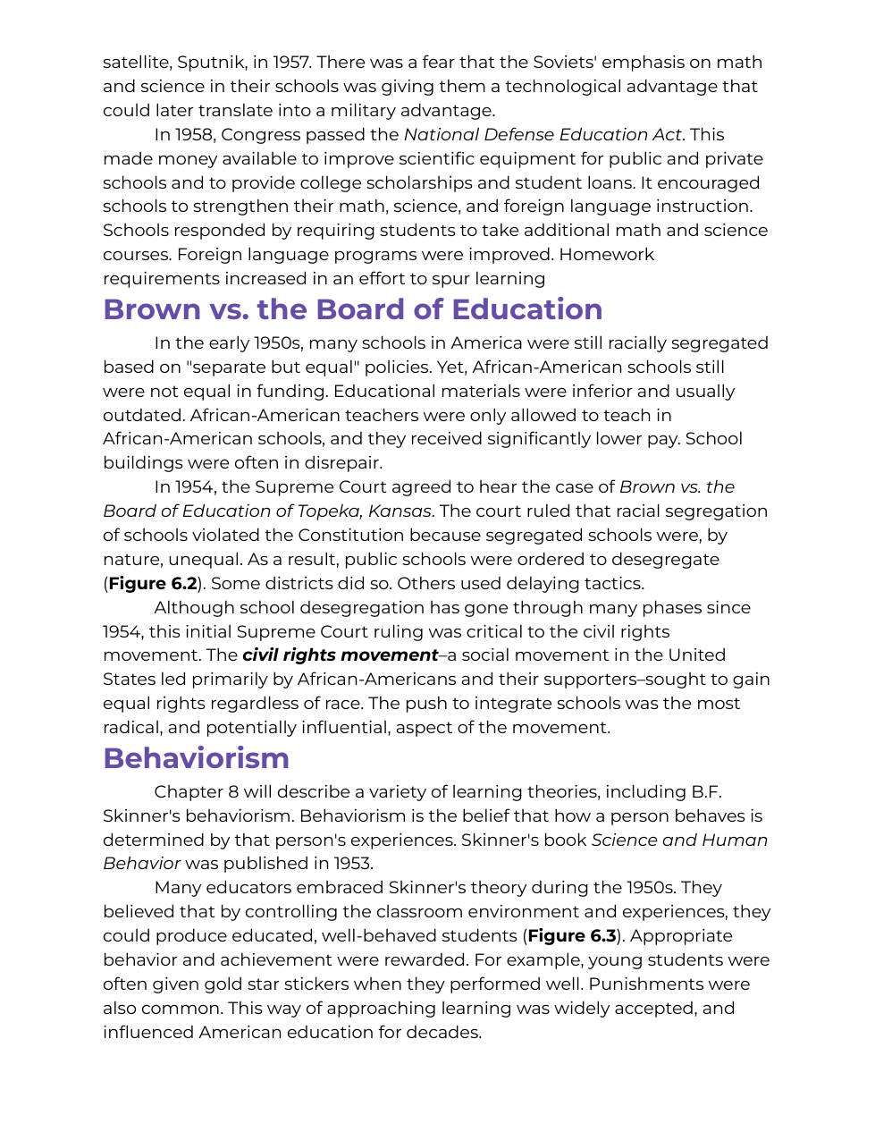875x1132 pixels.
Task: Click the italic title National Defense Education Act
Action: (543, 135)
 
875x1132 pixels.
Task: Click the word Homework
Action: (607, 255)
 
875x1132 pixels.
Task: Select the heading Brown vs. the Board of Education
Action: (352, 309)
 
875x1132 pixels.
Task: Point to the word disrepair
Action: (343, 463)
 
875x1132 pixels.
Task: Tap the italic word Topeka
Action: (319, 511)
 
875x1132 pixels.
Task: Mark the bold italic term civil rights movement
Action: (340, 655)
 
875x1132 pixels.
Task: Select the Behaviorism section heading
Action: (196, 758)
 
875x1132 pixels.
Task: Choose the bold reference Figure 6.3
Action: (572, 936)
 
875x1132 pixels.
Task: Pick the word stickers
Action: (317, 984)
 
